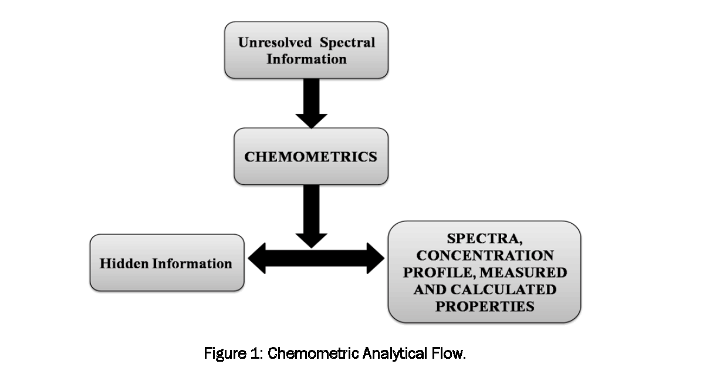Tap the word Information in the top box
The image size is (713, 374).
coord(306,59)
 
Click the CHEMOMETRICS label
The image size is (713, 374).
coord(310,157)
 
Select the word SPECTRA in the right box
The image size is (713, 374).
coord(484,239)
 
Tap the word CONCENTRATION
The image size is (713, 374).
coord(485,256)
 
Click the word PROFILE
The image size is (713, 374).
coord(445,273)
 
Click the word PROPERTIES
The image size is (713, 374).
coord(484,306)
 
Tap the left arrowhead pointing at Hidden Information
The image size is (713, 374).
coord(257,259)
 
